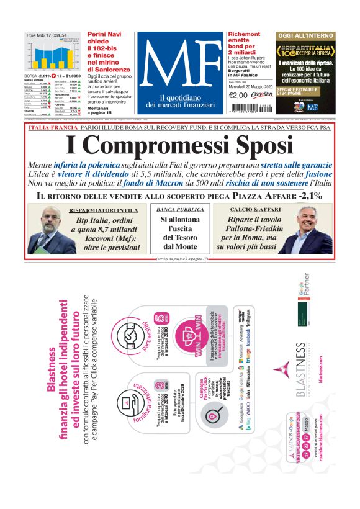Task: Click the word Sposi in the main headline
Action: pos(259,145)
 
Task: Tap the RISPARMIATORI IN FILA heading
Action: pos(112,210)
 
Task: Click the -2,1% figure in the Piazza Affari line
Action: pos(305,196)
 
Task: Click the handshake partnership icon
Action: pos(130,335)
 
